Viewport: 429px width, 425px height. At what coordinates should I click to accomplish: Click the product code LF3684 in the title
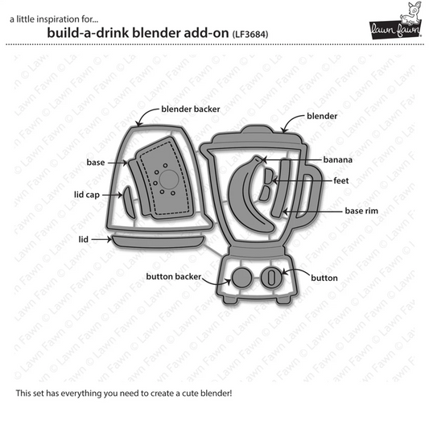click(250, 35)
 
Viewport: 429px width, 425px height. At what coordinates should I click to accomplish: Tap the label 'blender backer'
click(191, 107)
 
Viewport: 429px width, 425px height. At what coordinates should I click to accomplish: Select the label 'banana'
click(340, 159)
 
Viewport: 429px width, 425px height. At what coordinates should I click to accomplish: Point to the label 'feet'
click(340, 183)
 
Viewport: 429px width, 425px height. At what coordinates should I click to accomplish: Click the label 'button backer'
click(172, 276)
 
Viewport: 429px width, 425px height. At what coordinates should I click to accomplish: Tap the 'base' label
click(96, 162)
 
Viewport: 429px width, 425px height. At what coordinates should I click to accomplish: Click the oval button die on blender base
click(272, 279)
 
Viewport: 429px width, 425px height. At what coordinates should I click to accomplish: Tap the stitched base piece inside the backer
click(165, 180)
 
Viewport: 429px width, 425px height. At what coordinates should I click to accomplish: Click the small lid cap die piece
click(125, 195)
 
